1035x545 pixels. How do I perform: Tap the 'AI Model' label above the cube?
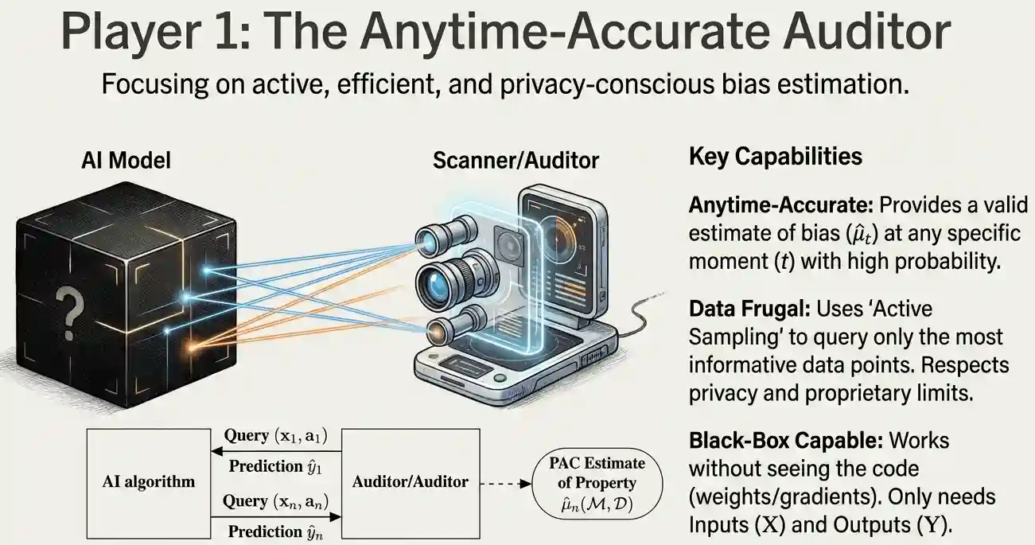(126, 161)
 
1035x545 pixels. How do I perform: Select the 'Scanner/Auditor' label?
(516, 161)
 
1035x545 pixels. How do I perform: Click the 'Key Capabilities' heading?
(775, 157)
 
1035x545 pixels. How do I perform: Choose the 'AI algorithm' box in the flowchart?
(149, 481)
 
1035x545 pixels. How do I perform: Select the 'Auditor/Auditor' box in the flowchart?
(410, 481)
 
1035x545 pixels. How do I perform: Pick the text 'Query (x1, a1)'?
(276, 436)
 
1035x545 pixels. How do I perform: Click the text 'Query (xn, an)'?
(276, 501)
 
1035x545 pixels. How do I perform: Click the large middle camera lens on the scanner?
(440, 282)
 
